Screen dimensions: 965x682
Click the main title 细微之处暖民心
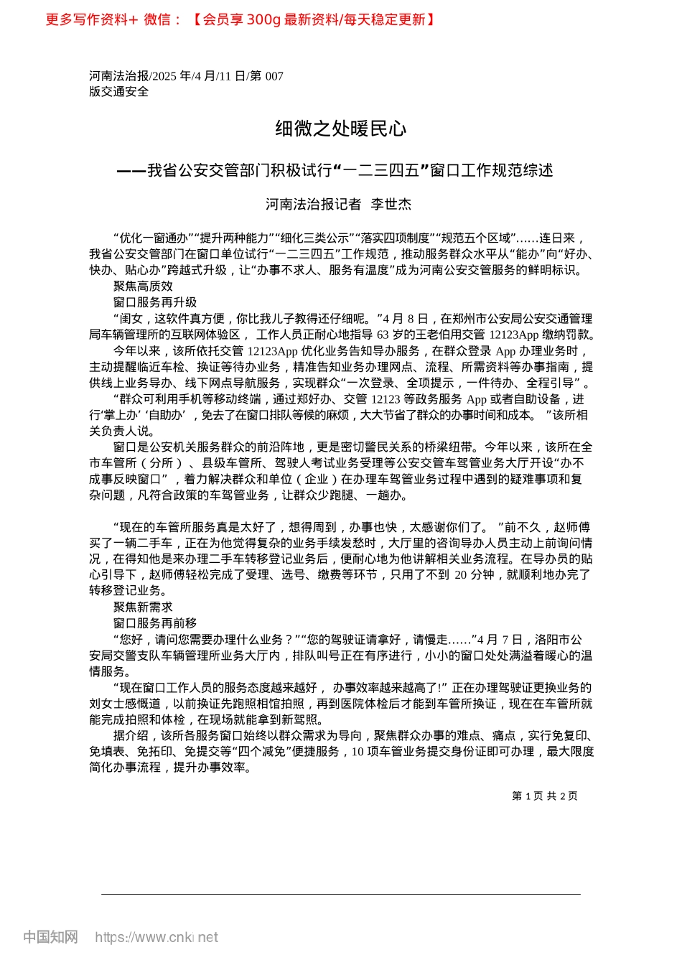tap(340, 129)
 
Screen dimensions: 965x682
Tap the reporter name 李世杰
tap(391, 205)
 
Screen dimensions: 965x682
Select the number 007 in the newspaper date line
tap(274, 76)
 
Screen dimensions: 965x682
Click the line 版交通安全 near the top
tap(119, 92)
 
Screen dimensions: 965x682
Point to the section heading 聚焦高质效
tap(143, 286)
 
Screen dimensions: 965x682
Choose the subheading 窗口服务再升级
tap(154, 302)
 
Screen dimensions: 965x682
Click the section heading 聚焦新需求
tap(143, 607)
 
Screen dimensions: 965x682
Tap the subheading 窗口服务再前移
tap(154, 623)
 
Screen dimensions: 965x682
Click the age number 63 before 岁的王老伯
tap(383, 335)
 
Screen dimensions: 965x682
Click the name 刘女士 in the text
tap(107, 704)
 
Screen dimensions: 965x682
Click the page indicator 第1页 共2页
tap(544, 796)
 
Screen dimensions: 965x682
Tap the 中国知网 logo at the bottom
tap(50, 937)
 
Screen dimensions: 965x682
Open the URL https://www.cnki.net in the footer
tap(157, 937)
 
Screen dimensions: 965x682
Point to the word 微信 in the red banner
tap(157, 19)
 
